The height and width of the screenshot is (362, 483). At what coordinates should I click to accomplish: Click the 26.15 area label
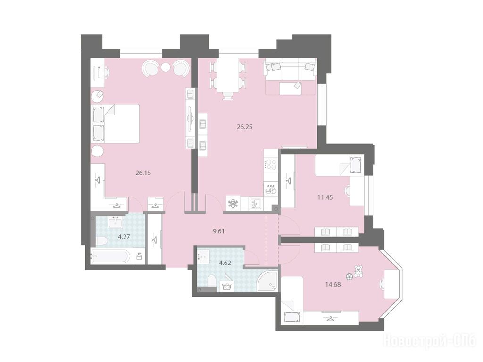point(143,173)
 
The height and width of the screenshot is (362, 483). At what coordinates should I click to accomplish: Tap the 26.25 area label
point(245,127)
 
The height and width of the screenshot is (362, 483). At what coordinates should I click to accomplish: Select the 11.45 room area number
point(325,197)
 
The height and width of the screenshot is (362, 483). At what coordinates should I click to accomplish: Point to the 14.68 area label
point(333,285)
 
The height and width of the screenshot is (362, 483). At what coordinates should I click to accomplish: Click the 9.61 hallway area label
point(219,231)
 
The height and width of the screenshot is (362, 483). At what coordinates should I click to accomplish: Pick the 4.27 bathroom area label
point(124,237)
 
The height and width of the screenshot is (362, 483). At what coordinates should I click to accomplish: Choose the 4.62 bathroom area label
point(225,263)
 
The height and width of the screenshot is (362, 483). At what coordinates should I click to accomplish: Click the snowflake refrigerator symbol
point(233,204)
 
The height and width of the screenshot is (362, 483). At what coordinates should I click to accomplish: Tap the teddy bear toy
point(358,271)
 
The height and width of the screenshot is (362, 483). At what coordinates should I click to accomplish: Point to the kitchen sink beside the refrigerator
point(256,204)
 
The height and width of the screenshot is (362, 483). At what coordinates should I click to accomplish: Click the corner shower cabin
point(268,280)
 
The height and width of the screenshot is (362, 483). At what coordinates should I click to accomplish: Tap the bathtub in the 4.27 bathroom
point(111,256)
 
